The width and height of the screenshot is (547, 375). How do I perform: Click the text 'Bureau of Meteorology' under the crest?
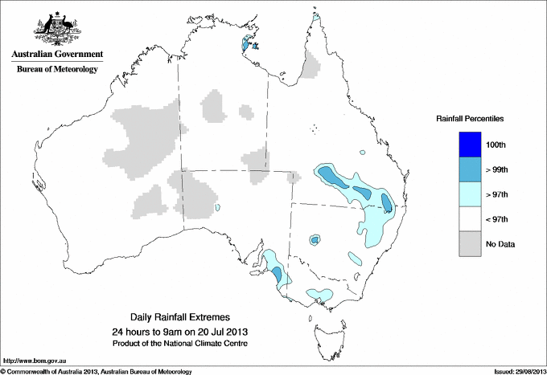[x=57, y=69]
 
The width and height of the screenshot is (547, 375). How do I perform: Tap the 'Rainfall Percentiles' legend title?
[x=470, y=118]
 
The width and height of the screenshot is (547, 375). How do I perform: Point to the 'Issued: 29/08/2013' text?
[x=516, y=371]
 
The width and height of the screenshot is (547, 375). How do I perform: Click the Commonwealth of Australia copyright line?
[x=97, y=371]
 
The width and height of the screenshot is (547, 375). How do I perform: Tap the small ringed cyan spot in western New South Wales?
[x=315, y=238]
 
